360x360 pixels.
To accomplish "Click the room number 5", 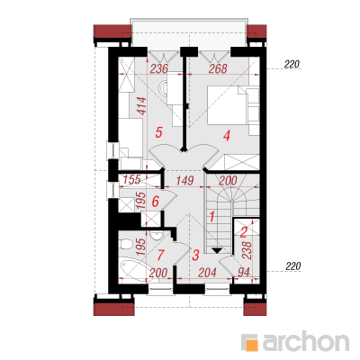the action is point(158,132).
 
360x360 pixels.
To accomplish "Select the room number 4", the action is point(227,136).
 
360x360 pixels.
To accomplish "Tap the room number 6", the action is point(155,201).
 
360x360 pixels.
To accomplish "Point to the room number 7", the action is point(160,256).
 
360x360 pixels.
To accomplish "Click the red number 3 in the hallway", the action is point(195,255).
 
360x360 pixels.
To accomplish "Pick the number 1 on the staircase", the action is point(212,216).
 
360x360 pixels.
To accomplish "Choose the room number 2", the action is point(243,231).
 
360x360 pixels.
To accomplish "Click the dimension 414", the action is point(142,106).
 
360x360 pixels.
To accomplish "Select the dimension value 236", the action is point(158,69).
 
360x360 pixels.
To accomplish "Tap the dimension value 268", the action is point(218,68).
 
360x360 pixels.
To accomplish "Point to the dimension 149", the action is point(184,181).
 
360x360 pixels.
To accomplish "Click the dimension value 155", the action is point(132,179).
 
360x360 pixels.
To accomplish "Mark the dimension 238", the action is point(247,250).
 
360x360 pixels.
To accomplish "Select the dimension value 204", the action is point(207,273).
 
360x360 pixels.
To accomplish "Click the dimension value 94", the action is point(243,273).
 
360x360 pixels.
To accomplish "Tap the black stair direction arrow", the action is point(217,250).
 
